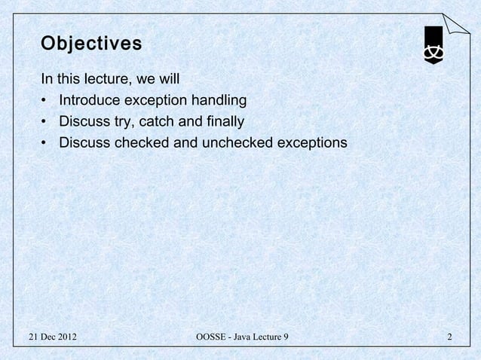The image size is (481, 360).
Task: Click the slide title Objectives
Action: coord(91,44)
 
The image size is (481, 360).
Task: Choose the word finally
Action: coord(225,121)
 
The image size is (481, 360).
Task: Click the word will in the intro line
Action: coord(168,78)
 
